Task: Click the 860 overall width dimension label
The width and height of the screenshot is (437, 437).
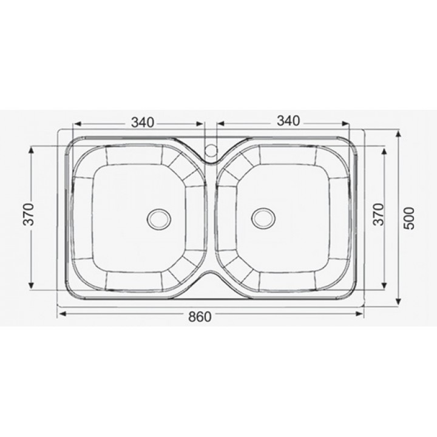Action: click(200, 317)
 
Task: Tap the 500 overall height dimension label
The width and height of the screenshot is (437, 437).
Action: click(410, 218)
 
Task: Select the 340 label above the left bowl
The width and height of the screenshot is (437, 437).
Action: click(143, 123)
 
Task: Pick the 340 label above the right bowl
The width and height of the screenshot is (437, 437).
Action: click(288, 121)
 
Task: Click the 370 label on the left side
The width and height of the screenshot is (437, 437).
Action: click(29, 214)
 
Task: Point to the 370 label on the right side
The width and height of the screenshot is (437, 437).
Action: click(379, 214)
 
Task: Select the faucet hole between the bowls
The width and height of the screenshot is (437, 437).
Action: click(211, 150)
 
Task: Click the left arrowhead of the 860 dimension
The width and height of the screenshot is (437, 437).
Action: click(63, 314)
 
